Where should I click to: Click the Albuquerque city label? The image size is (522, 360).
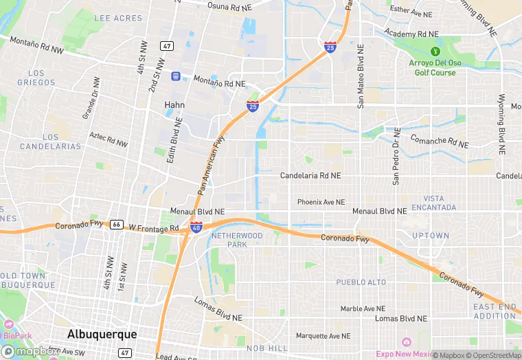pyautogui.click(x=102, y=334)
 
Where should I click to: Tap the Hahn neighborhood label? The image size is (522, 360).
pyautogui.click(x=174, y=105)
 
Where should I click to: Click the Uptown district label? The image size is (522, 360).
pyautogui.click(x=430, y=236)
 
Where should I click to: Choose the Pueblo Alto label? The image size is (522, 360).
pyautogui.click(x=361, y=282)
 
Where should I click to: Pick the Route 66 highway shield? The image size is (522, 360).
pyautogui.click(x=117, y=225)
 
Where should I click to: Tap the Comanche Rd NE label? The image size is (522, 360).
pyautogui.click(x=438, y=142)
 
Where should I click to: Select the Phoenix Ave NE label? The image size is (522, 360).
pyautogui.click(x=320, y=202)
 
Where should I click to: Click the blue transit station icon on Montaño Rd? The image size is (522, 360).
pyautogui.click(x=177, y=76)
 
